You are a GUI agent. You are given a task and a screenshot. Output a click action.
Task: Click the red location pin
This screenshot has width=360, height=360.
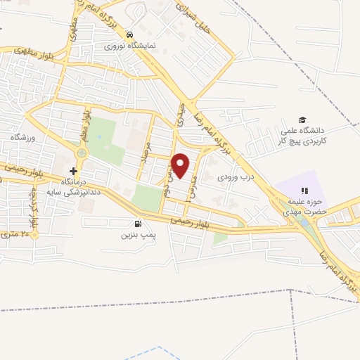pos(181,165)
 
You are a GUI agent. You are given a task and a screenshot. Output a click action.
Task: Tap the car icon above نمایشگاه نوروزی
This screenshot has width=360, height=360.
pos(129,34)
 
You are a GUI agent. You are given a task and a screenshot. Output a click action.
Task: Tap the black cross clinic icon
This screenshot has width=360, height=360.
pos(73,171)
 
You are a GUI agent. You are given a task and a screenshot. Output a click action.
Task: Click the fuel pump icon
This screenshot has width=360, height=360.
pos(134,224)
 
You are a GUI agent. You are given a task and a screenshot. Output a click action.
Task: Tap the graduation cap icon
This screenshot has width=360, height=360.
pos(302,120)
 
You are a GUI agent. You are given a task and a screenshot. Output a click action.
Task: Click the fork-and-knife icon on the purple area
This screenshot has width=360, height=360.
pos(304,190)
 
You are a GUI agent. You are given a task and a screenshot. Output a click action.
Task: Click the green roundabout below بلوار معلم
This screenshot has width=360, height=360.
pos(82,153)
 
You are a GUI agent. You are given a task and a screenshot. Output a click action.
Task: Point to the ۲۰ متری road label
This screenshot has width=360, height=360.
pos(18,233)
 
